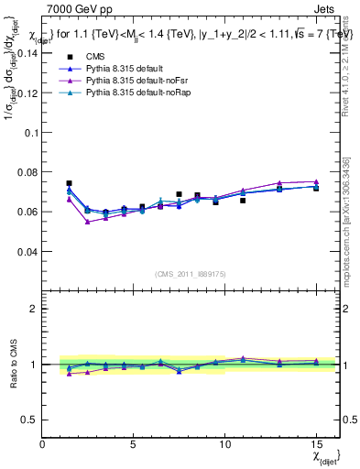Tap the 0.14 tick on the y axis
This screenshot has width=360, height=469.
coord(27,53)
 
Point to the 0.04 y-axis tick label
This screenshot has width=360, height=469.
coord(27,251)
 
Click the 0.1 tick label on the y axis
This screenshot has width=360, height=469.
coord(31,132)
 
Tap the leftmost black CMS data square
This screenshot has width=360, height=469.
coord(69,183)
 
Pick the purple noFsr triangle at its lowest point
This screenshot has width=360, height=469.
coord(87,222)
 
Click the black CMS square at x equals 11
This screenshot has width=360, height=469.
coord(243,200)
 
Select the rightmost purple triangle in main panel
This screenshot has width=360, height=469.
coord(316,181)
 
